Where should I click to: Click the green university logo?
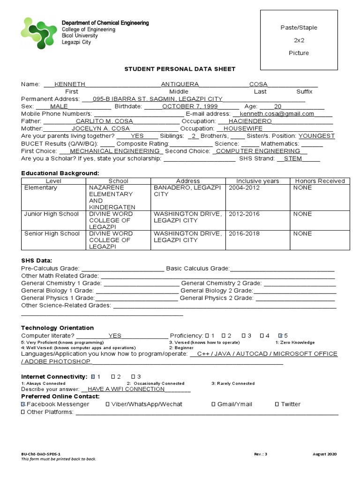(x=39, y=33)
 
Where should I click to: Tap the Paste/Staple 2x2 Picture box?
(x=299, y=40)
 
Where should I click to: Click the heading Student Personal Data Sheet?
(x=180, y=69)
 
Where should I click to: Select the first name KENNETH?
(x=70, y=84)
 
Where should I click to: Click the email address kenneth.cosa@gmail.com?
(x=277, y=114)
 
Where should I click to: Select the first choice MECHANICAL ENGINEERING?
(x=114, y=151)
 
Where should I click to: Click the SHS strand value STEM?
(x=293, y=158)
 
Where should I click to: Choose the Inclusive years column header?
(x=257, y=181)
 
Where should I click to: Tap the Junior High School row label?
(x=52, y=214)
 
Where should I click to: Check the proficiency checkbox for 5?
(x=280, y=336)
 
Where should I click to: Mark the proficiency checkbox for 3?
(x=243, y=336)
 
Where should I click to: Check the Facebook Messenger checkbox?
(x=23, y=404)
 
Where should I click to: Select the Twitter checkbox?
(x=277, y=404)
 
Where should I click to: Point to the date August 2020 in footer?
(x=324, y=454)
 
